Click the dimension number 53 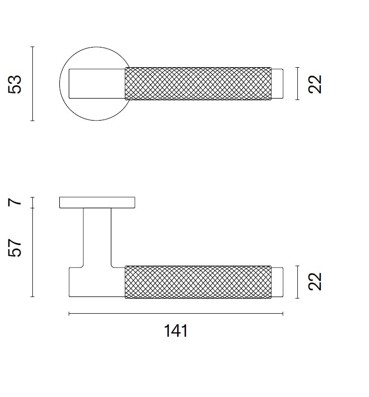click(x=15, y=85)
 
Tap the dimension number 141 click(x=176, y=331)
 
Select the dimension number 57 click(x=15, y=248)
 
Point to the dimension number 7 click(x=15, y=202)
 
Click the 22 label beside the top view click(x=315, y=84)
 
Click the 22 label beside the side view click(x=315, y=281)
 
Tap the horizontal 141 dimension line click(x=176, y=314)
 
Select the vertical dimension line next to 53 click(x=32, y=84)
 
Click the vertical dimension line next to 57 click(x=32, y=252)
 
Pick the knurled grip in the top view click(x=198, y=83)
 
